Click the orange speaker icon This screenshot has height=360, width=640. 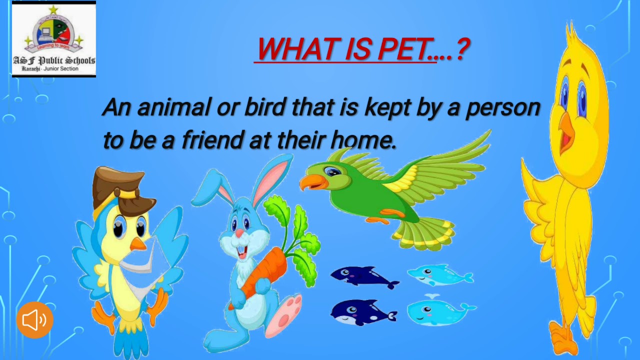[x=34, y=320]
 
